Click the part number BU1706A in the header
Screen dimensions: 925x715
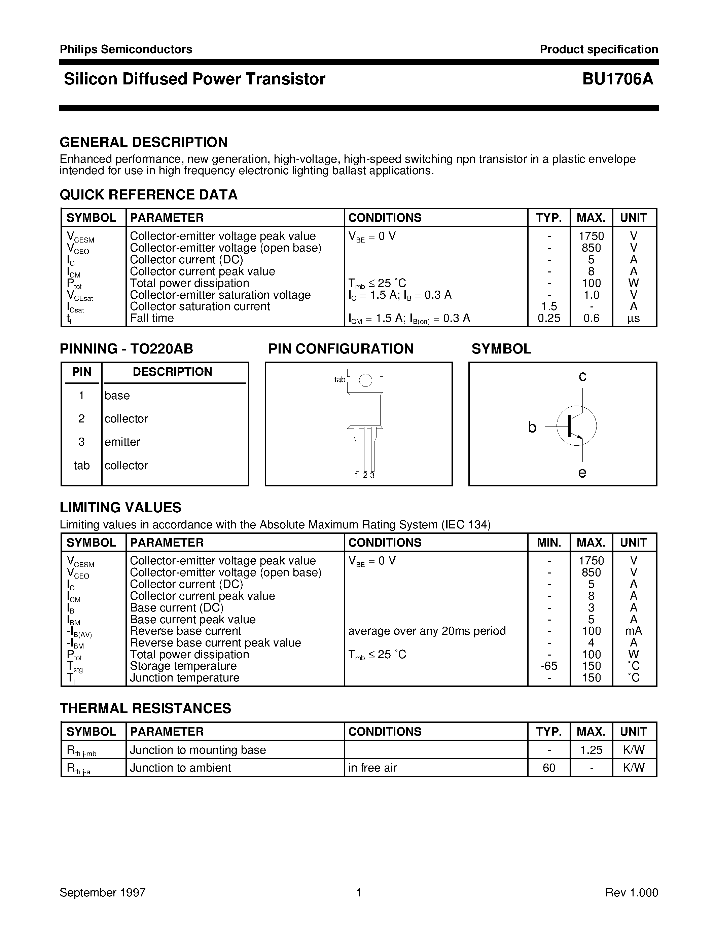[617, 79]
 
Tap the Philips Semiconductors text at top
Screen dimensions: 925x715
[126, 49]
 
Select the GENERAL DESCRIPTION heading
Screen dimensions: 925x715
[144, 142]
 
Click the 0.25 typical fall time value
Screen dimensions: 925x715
[549, 318]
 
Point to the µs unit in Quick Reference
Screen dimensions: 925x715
[634, 319]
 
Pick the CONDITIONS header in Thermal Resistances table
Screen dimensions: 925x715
[385, 732]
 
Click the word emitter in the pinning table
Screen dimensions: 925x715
[122, 442]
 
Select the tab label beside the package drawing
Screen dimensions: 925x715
[340, 379]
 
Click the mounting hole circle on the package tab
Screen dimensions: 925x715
[365, 380]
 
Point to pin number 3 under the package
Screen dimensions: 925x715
[372, 475]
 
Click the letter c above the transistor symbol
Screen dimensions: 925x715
[582, 376]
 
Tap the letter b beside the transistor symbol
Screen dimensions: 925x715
[532, 427]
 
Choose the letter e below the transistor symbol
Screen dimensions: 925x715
[582, 472]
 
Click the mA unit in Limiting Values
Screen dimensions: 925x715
[634, 631]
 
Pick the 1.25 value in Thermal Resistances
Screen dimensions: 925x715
[591, 750]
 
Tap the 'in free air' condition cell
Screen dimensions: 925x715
[372, 768]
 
